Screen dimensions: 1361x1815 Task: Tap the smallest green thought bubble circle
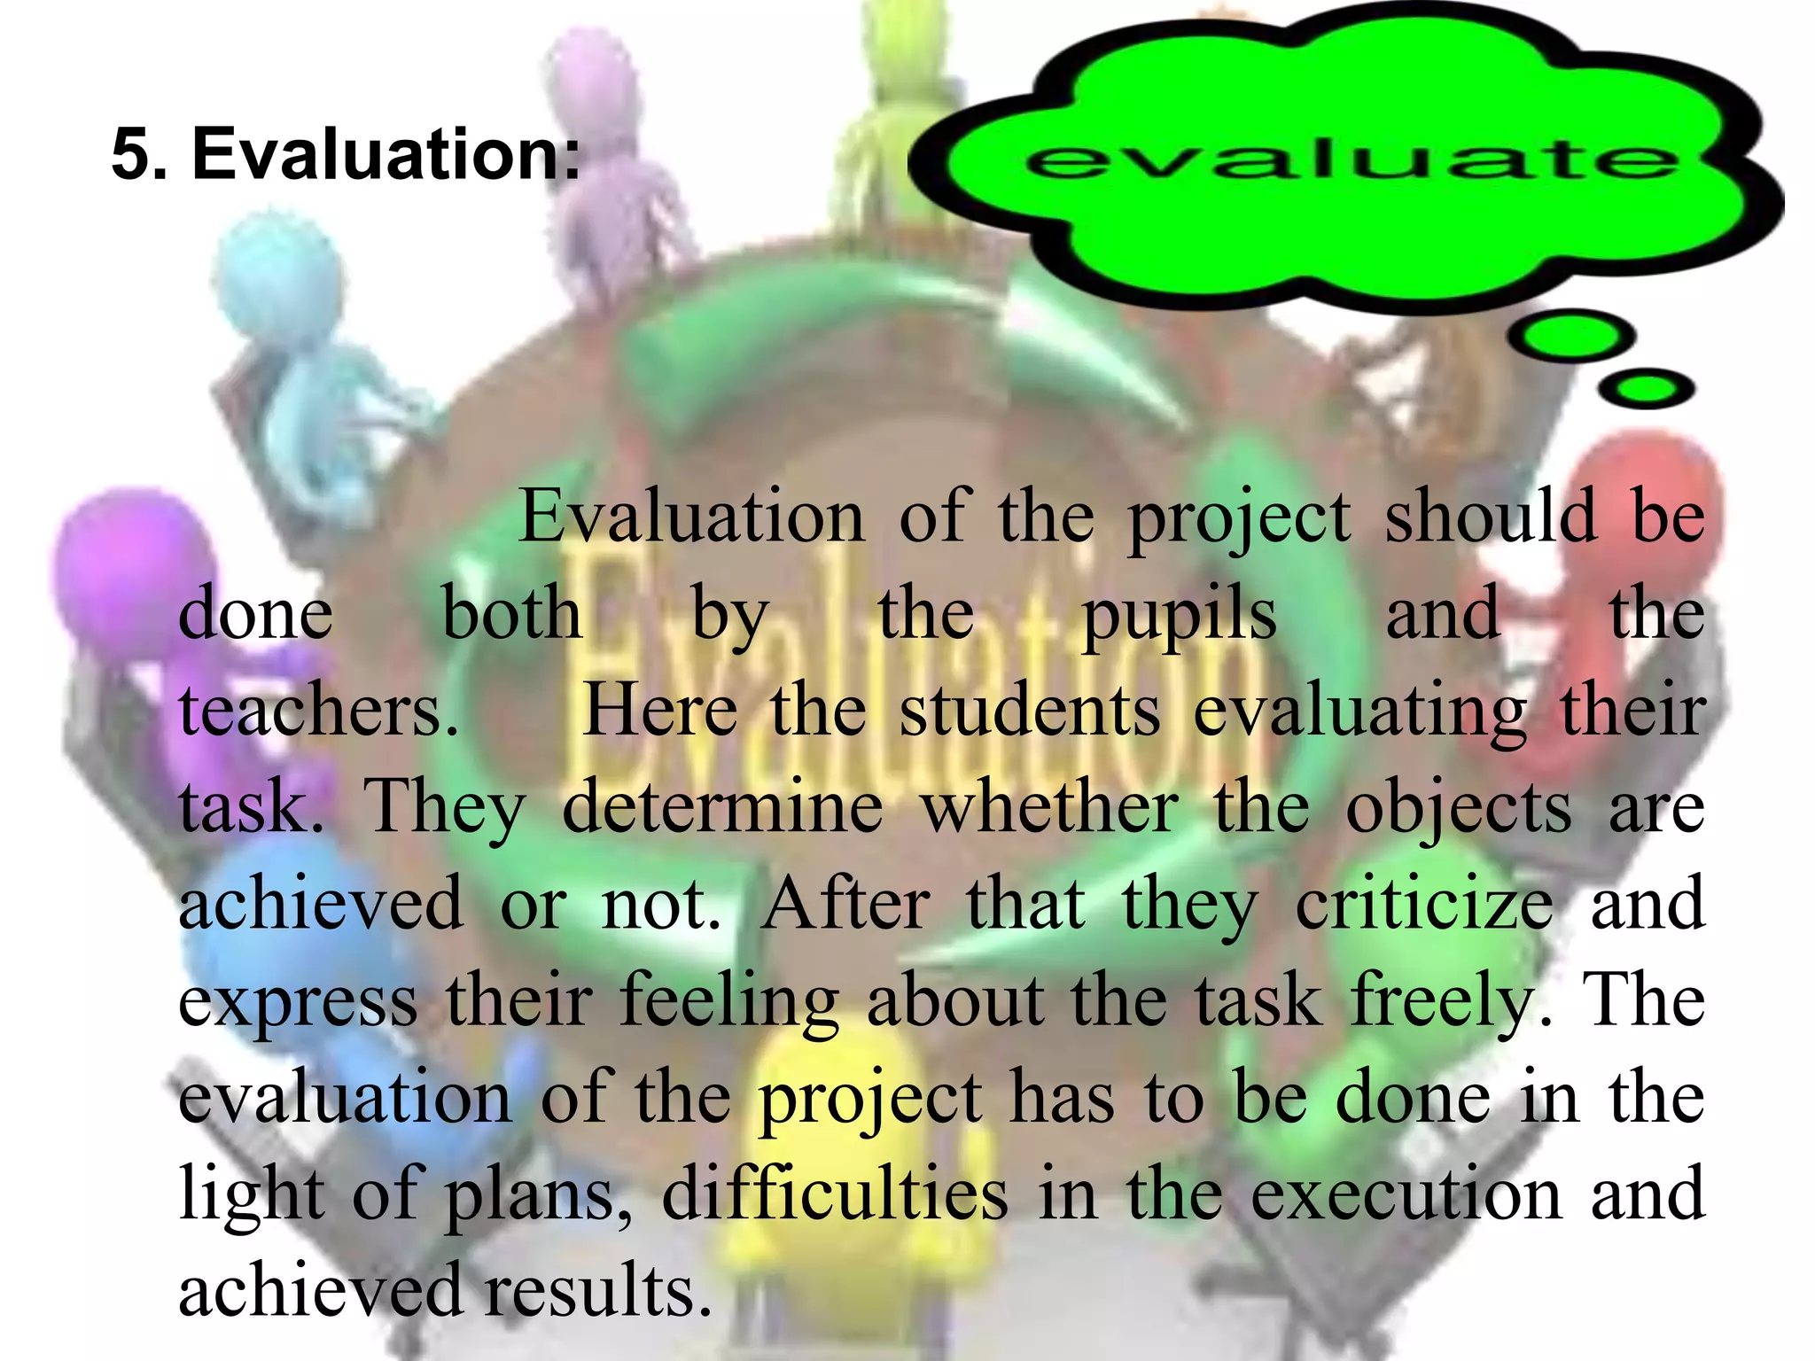1648,389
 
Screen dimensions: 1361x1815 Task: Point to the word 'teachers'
317,712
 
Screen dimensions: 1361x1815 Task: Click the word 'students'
1029,712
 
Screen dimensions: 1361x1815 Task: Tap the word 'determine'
722,808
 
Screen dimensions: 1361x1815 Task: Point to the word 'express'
298,1004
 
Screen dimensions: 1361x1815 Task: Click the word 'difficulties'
835,1194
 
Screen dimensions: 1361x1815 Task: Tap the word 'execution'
1406,1194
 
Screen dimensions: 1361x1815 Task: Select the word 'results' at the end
598,1290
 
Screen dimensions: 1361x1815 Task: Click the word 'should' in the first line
1489,517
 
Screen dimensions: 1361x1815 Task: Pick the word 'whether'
1050,808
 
